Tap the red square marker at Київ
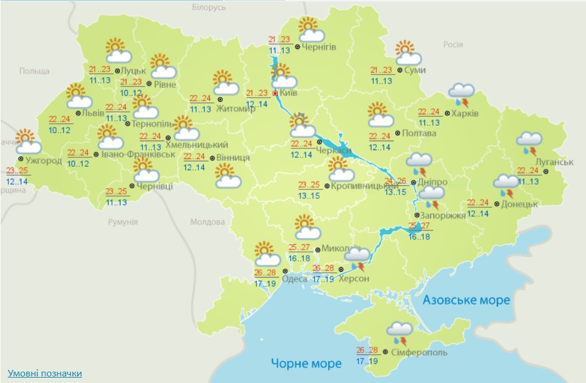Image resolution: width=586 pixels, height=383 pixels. pos(275,94)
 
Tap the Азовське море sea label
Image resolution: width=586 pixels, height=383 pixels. pos(466,300)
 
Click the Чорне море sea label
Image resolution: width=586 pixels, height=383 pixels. pos(306,363)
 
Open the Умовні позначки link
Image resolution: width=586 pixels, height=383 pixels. pos(45,373)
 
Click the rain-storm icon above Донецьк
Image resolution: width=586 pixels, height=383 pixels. pos(506,185)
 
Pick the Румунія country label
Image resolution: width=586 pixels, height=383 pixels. pos(123,222)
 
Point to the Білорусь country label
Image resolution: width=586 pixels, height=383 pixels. pos(209,8)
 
